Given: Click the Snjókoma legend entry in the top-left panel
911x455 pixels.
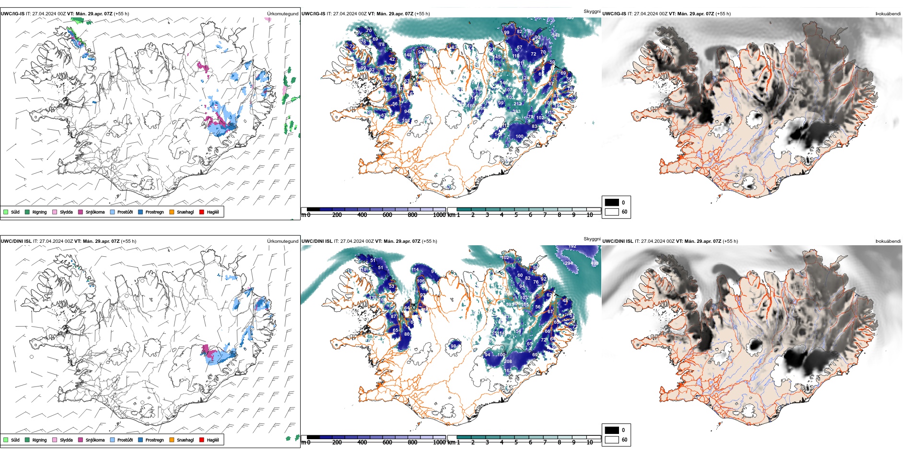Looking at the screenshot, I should pyautogui.click(x=95, y=212).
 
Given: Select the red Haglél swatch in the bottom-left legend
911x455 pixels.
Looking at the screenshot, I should pyautogui.click(x=202, y=440).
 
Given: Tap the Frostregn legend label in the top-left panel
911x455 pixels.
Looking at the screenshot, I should pyautogui.click(x=154, y=212).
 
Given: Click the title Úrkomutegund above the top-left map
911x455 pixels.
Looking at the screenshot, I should pyautogui.click(x=282, y=14).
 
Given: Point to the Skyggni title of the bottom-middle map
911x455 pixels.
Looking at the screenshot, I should pyautogui.click(x=592, y=239).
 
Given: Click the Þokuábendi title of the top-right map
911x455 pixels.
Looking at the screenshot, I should pyautogui.click(x=888, y=14).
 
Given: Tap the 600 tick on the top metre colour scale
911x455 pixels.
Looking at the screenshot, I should pyautogui.click(x=387, y=215).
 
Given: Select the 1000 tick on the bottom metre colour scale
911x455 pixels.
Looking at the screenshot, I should pyautogui.click(x=439, y=443).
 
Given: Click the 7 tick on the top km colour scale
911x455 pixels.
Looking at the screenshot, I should pyautogui.click(x=545, y=215).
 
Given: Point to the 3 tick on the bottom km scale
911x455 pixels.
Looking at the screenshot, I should pyautogui.click(x=487, y=443).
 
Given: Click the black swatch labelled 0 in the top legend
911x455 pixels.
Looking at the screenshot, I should pyautogui.click(x=612, y=203).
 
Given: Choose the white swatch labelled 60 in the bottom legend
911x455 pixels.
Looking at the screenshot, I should pyautogui.click(x=612, y=440).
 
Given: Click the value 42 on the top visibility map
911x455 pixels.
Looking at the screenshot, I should pyautogui.click(x=392, y=60).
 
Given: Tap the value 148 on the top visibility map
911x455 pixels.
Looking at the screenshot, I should pyautogui.click(x=408, y=55).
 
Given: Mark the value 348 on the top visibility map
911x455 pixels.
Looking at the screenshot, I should pyautogui.click(x=556, y=35).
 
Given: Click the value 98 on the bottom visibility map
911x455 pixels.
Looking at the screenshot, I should pyautogui.click(x=453, y=346).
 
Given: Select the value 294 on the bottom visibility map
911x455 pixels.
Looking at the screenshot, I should pyautogui.click(x=569, y=263).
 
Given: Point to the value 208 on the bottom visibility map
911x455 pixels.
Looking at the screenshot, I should pyautogui.click(x=508, y=362).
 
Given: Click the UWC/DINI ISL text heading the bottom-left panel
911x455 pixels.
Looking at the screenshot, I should pyautogui.click(x=16, y=241).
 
